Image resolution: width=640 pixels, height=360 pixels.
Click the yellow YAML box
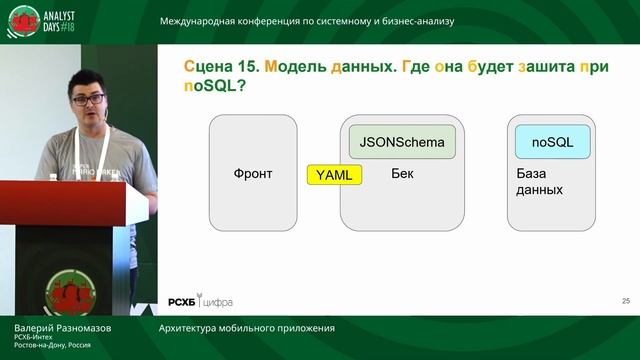click(335, 174)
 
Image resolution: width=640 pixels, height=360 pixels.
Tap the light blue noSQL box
click(551, 142)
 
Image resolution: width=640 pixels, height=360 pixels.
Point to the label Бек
click(402, 173)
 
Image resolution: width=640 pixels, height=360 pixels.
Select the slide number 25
click(625, 300)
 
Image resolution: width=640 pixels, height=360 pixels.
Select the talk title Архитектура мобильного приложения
click(246, 328)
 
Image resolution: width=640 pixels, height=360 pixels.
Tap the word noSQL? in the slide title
click(215, 87)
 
